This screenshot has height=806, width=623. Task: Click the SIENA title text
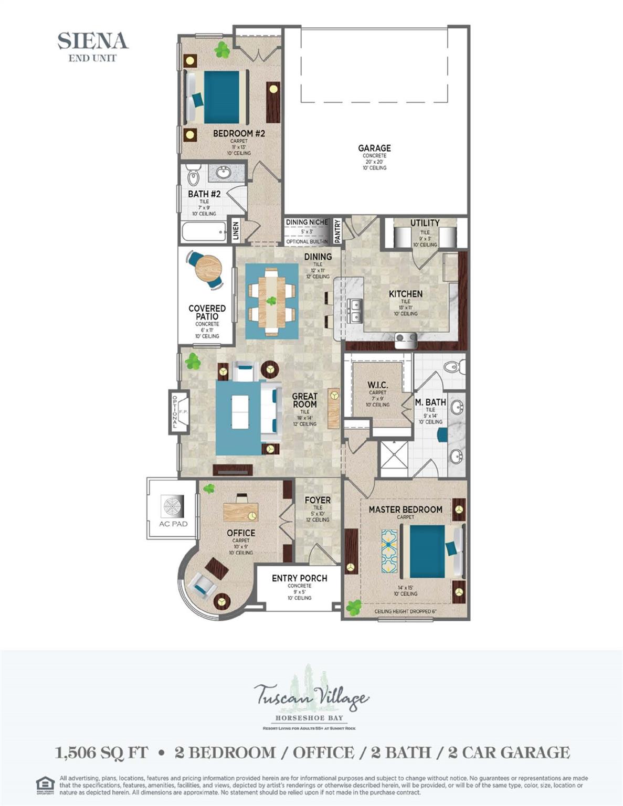click(x=93, y=41)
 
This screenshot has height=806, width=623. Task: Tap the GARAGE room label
click(x=374, y=149)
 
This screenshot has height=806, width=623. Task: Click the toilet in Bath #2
click(x=193, y=175)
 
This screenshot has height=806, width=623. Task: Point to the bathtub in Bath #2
click(x=204, y=231)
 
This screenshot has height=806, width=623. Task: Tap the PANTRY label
click(x=337, y=231)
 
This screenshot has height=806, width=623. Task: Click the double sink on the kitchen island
click(x=355, y=310)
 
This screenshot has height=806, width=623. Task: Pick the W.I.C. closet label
click(x=377, y=385)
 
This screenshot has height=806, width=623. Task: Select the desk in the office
click(x=240, y=511)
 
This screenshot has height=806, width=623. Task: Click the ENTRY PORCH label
click(x=299, y=578)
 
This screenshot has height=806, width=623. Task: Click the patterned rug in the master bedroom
click(x=389, y=550)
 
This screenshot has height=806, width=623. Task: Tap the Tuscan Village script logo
click(x=312, y=697)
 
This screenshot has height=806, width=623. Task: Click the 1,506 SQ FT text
click(x=102, y=752)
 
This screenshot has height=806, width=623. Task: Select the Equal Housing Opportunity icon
click(x=45, y=786)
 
